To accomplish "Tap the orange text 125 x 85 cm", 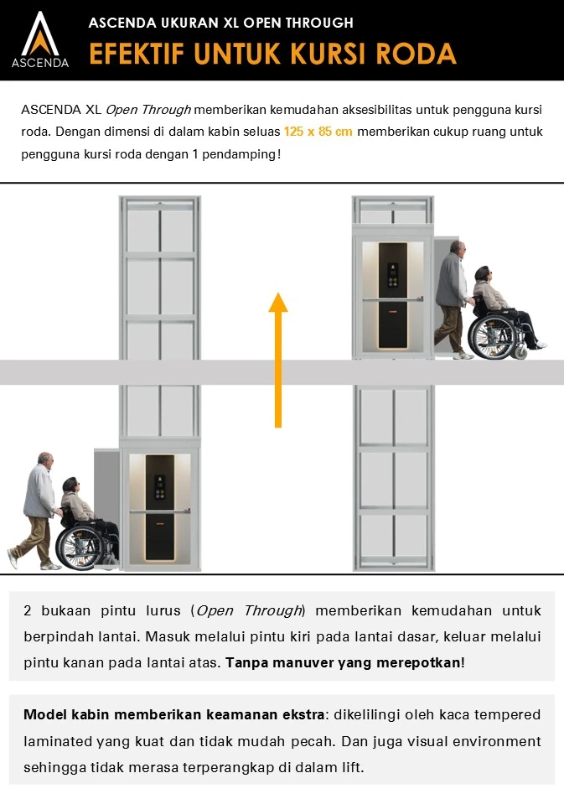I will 318,132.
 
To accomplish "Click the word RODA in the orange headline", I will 416,53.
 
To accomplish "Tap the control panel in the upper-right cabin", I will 391,272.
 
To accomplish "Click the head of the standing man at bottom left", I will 45,462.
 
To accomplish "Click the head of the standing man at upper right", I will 457,251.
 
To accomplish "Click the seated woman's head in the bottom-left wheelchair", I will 70,486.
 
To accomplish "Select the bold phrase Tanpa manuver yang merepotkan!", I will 345,662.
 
